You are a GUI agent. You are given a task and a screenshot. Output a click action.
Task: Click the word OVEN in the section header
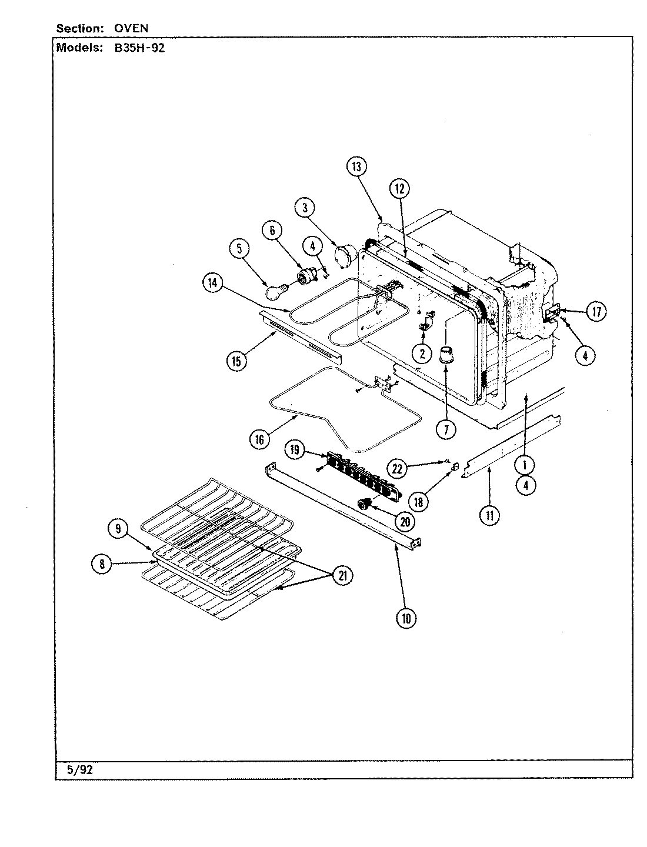click(x=131, y=28)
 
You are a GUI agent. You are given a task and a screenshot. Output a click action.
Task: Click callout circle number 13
click(x=356, y=167)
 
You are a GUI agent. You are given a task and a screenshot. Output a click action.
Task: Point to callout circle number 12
click(x=399, y=189)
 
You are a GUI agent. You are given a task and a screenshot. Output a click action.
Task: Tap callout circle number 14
click(x=212, y=283)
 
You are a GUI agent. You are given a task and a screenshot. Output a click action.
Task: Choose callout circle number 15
click(x=236, y=361)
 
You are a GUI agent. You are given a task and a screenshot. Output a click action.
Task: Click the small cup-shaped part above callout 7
click(x=446, y=355)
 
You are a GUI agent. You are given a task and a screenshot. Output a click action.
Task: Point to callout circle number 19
click(x=295, y=451)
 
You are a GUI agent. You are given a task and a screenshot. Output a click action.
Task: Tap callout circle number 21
click(x=342, y=576)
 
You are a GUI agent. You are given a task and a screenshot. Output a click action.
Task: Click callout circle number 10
click(x=406, y=618)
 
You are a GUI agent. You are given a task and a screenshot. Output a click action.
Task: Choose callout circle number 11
click(x=490, y=516)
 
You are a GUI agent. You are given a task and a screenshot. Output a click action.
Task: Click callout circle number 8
click(x=102, y=565)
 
